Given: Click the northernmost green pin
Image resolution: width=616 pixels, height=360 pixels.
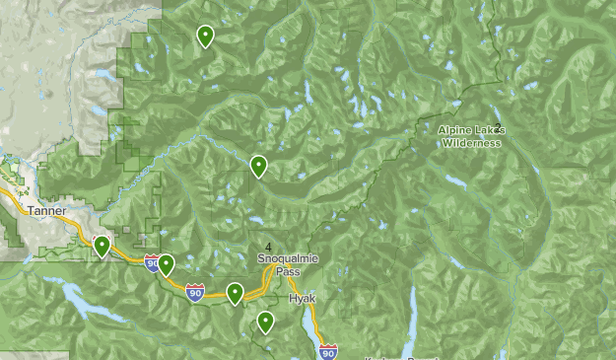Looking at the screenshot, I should point(205,36).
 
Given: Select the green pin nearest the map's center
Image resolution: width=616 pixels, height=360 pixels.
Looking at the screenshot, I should point(258,166).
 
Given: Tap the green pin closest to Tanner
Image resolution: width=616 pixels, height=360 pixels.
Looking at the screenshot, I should point(102,246).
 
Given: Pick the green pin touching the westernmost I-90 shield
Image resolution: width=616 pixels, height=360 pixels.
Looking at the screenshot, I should point(166,264).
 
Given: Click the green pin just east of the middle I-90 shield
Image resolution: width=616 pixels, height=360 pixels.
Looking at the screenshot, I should point(235,292).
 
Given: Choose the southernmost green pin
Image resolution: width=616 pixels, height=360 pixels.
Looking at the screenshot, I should point(265,322).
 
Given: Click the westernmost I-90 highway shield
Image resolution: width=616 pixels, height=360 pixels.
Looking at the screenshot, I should point(152,263).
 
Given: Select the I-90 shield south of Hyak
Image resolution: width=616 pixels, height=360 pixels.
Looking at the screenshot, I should point(328,351).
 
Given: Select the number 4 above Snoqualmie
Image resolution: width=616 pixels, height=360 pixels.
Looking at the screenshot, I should point(268,247).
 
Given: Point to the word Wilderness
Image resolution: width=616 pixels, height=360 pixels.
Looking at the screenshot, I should point(471,143).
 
